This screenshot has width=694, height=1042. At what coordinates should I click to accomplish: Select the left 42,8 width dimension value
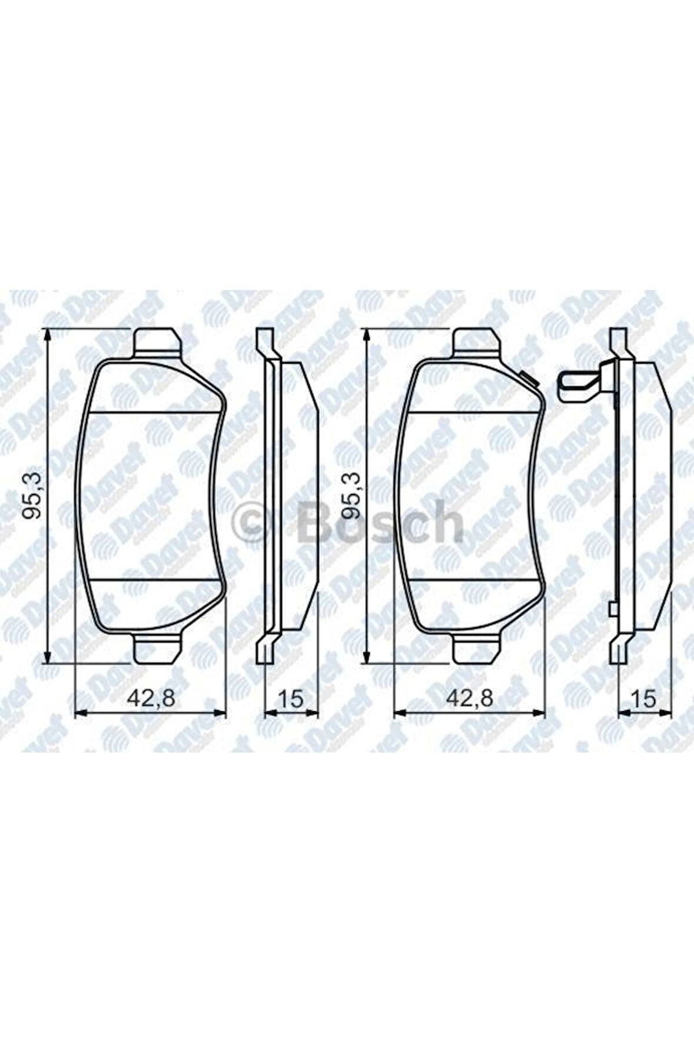coord(151,699)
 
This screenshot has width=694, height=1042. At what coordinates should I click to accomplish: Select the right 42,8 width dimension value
coord(469,699)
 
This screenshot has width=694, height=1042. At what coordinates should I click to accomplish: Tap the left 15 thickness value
coord(291,699)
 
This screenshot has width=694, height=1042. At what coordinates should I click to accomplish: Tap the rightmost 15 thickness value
coord(644,699)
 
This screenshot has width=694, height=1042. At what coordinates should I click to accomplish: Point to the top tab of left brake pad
coord(157,342)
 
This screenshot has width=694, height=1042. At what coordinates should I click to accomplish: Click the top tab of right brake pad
coord(477,342)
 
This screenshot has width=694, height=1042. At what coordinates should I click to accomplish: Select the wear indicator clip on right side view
coord(579,386)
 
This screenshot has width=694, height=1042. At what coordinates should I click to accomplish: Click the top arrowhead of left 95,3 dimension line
coord(47,333)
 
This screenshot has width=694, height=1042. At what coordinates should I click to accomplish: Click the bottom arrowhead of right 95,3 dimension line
coord(366,658)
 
